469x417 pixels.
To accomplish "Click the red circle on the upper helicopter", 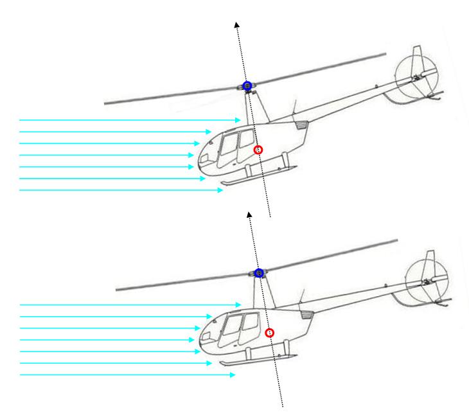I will pos(258,150).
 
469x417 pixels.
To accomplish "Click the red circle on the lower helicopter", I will pos(270,333).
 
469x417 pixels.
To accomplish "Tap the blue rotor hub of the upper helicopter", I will pos(247,85).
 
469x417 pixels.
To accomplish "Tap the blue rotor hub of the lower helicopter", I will pos(259,272).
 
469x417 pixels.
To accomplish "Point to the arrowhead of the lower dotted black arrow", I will pos(249,212).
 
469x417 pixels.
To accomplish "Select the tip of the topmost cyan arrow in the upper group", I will pos(241,120).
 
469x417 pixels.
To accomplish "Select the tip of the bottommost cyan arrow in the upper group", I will pos(224,190).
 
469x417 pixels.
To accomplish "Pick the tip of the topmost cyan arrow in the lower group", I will pos(242,305).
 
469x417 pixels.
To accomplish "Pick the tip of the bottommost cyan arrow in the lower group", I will pos(235,375).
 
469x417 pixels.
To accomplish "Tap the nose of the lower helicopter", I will pos(202,337).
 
